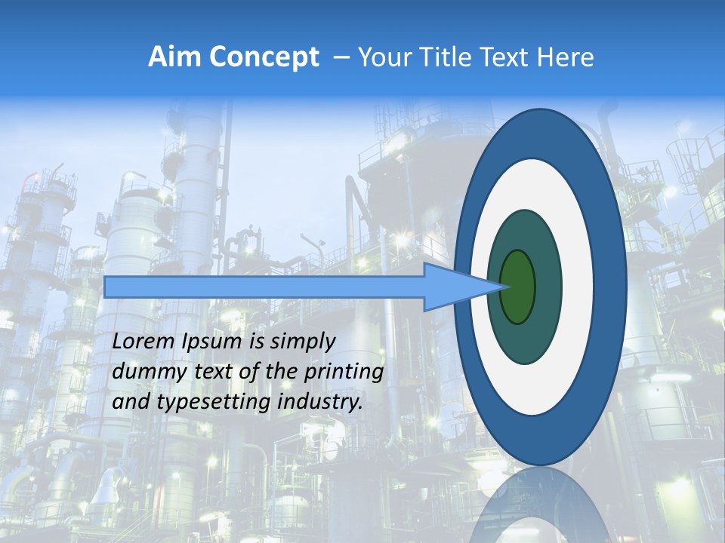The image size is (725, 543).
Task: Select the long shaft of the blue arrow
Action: pos(264,287)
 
